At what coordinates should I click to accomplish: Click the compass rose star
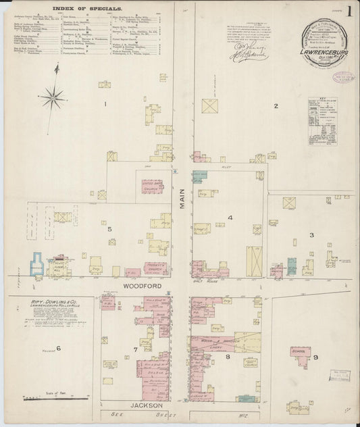point(51,98)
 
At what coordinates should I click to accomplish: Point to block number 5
point(109,229)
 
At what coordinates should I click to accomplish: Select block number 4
point(230,218)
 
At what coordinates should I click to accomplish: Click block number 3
point(311,235)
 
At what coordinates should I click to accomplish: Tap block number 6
point(59,348)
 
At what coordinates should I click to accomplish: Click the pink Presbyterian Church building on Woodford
point(155,268)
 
